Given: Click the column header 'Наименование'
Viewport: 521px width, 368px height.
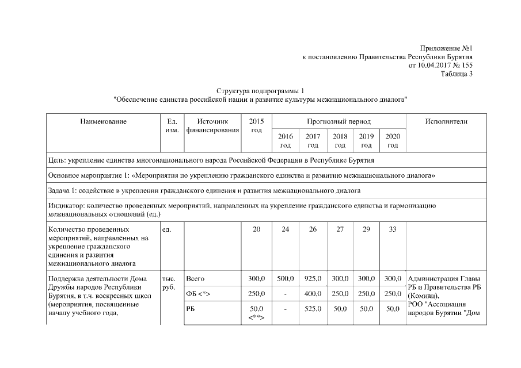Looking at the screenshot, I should tap(104, 121).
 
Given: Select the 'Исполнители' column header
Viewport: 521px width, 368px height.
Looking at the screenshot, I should tap(446, 121).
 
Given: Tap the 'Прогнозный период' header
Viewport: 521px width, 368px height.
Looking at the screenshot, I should tap(339, 122).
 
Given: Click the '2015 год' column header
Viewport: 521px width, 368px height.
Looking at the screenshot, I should tap(257, 126).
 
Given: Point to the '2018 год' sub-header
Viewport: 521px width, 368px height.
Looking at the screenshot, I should tap(340, 141).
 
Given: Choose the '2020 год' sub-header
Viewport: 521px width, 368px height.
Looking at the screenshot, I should tap(393, 141).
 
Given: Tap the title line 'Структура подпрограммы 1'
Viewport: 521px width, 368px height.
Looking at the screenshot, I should tap(260, 91).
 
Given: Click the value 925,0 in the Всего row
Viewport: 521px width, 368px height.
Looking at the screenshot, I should tap(313, 279).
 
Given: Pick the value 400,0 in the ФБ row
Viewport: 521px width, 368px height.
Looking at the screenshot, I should tap(313, 294).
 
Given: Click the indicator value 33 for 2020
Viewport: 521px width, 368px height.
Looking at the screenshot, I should tap(393, 229).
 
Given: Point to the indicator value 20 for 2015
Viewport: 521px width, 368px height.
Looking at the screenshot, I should tap(257, 229).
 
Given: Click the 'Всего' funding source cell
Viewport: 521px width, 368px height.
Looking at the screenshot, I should tap(196, 279).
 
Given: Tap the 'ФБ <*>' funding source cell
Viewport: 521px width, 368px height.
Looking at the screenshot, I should tap(199, 294).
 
